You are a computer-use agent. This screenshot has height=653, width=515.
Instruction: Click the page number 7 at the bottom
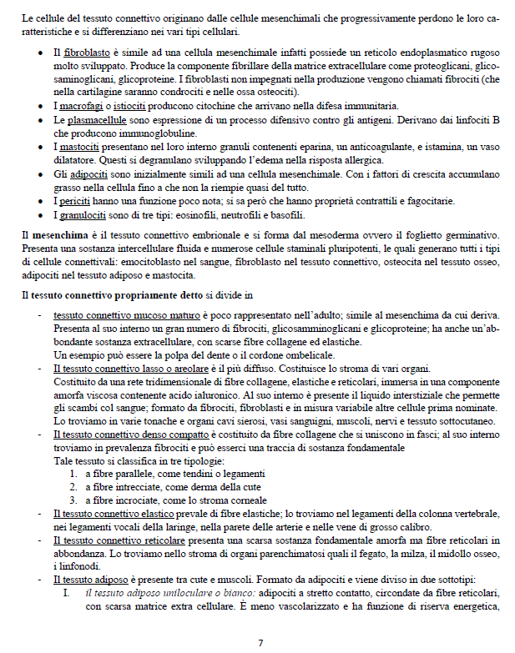[260, 642]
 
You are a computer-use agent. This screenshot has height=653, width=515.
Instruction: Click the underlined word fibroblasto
[88, 53]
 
